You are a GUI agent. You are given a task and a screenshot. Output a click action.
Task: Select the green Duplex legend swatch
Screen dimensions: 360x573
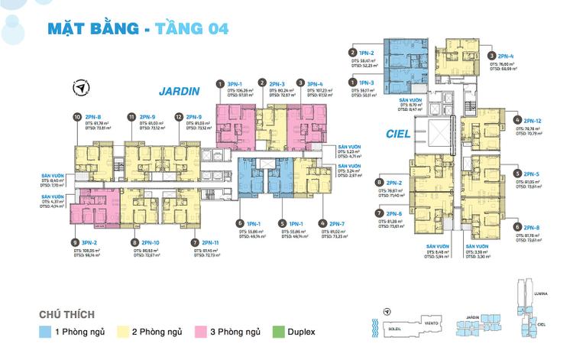tap(277, 332)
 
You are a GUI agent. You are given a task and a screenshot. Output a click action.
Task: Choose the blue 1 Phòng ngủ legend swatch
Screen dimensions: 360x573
tap(47, 332)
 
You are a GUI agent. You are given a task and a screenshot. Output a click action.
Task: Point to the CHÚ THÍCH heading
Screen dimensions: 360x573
tap(71, 314)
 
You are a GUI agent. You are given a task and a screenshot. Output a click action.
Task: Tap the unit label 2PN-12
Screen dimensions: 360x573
tap(534, 121)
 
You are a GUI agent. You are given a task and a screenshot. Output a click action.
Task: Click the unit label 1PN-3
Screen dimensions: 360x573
tap(367, 82)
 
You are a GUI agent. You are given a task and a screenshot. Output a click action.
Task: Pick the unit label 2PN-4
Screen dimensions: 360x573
tap(505, 56)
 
